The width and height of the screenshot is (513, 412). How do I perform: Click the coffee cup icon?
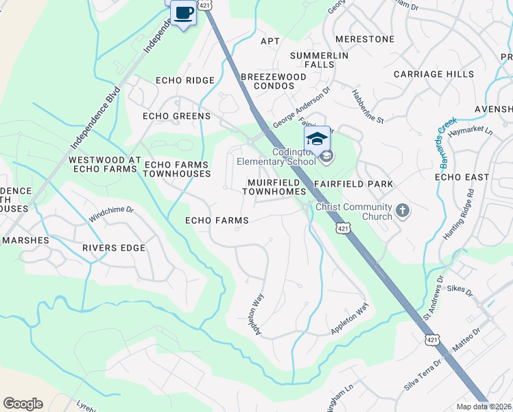[x=183, y=12]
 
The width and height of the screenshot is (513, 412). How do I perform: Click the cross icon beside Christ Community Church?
[x=403, y=211]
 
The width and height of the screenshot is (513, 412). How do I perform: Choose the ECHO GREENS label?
[x=176, y=116]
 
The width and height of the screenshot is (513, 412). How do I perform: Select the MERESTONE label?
[x=364, y=39]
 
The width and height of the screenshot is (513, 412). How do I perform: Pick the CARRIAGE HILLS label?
[x=433, y=73]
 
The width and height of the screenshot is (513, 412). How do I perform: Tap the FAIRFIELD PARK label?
[x=354, y=184]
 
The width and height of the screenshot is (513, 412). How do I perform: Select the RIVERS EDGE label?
[x=114, y=248]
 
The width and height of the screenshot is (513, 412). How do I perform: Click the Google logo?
[x=23, y=404]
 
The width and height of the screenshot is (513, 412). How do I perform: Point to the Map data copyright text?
[x=484, y=407]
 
